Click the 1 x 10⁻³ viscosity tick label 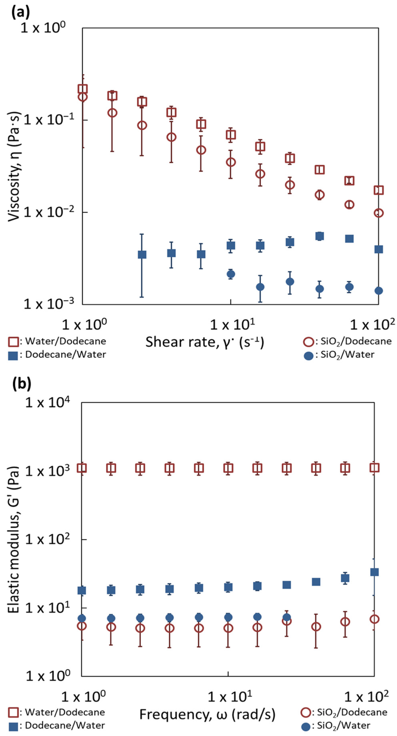(x=49, y=303)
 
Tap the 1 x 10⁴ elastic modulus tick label (x=47, y=403)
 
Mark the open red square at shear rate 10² (x=378, y=190)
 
